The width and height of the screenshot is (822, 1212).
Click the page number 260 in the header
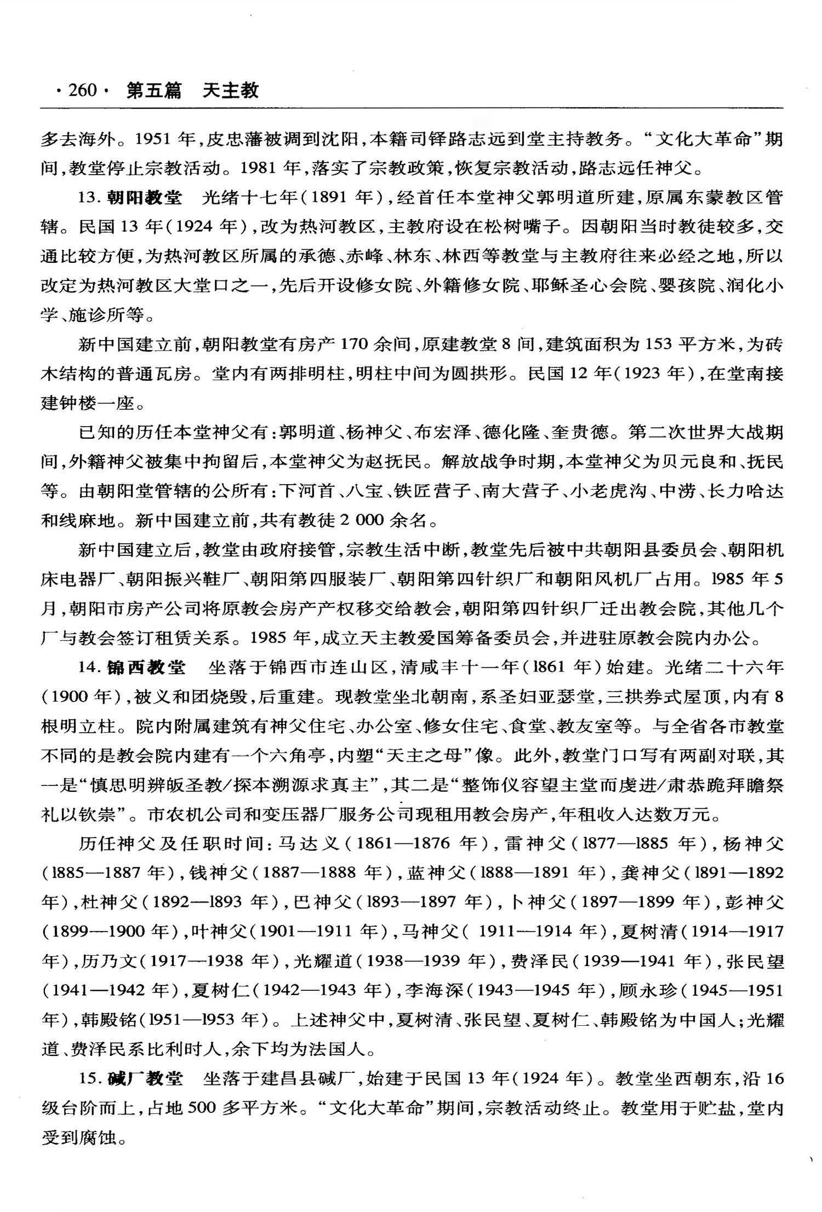(x=82, y=90)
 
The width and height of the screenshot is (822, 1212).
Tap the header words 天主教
(x=230, y=90)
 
